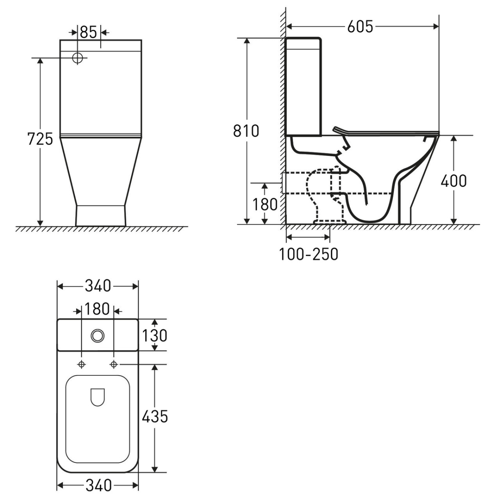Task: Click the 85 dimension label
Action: [x=88, y=32]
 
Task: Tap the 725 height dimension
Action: [x=40, y=139]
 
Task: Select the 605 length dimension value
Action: [x=360, y=27]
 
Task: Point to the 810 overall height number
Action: [x=246, y=131]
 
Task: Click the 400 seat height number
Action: [x=454, y=181]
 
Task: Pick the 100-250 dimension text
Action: [x=308, y=254]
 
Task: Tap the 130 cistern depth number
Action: [x=155, y=335]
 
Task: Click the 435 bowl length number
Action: [x=155, y=416]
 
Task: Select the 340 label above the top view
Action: [x=98, y=286]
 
